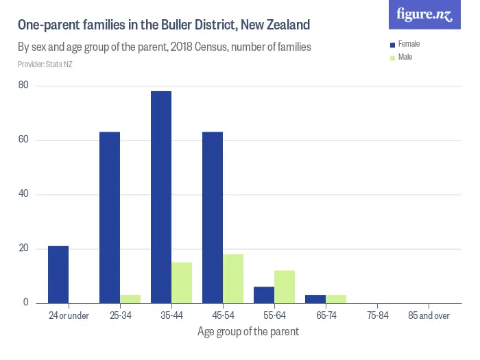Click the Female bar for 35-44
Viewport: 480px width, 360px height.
pos(161,197)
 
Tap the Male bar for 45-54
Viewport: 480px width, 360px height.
pos(233,278)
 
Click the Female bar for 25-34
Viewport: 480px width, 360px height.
pos(110,217)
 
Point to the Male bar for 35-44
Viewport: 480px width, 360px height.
pos(182,283)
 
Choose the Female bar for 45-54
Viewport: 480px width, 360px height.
pos(213,217)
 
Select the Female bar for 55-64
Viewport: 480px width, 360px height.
pos(264,295)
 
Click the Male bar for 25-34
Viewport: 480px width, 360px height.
pos(130,299)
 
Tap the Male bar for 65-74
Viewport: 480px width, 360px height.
pos(336,299)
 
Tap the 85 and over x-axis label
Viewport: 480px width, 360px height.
pos(428,316)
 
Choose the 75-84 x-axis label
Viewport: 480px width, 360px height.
pos(376,316)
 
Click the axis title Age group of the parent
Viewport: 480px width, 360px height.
pos(248,332)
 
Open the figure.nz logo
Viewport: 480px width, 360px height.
pos(424,15)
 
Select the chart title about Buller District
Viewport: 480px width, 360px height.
pos(164,25)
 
